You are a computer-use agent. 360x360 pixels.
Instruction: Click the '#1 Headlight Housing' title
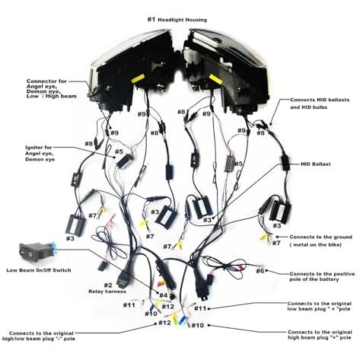coord(177,20)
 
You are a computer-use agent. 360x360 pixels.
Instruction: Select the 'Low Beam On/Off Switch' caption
coord(39,270)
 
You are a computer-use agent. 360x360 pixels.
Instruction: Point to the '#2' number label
coord(108,285)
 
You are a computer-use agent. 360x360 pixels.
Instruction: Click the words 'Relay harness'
coord(107,292)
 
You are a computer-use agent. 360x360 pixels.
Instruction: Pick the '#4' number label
coord(164,295)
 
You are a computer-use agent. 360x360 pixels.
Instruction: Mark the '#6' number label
coord(260,271)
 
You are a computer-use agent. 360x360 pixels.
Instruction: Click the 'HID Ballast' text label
coord(316,164)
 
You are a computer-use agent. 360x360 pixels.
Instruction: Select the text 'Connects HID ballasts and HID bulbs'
coord(320,104)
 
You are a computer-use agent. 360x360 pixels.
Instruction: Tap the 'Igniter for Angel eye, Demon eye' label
coord(40,154)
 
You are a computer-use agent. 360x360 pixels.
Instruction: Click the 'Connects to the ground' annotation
coord(321,241)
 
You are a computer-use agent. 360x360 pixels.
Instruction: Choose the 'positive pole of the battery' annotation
coord(322,276)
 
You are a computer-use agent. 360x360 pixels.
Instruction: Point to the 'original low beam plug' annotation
coord(320,306)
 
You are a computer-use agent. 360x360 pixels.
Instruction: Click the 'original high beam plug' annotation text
coord(320,335)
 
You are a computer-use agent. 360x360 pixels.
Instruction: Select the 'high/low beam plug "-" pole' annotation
coord(38,336)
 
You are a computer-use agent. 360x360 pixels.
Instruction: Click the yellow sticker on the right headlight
coord(215,78)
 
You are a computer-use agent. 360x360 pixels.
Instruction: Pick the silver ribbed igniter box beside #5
coord(230,164)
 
